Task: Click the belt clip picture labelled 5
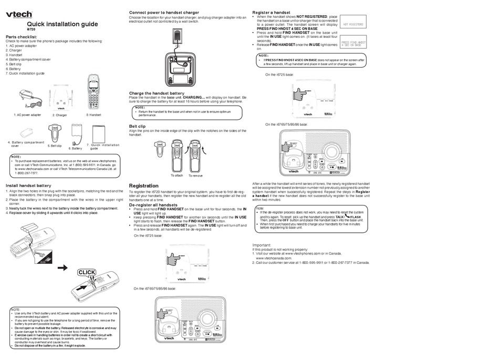(x=55, y=133)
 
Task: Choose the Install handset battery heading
(x=28, y=186)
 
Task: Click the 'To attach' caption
(x=176, y=175)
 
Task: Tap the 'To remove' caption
(x=197, y=175)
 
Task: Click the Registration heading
(x=143, y=186)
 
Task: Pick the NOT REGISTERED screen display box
(x=354, y=24)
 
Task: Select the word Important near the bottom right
(x=262, y=245)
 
